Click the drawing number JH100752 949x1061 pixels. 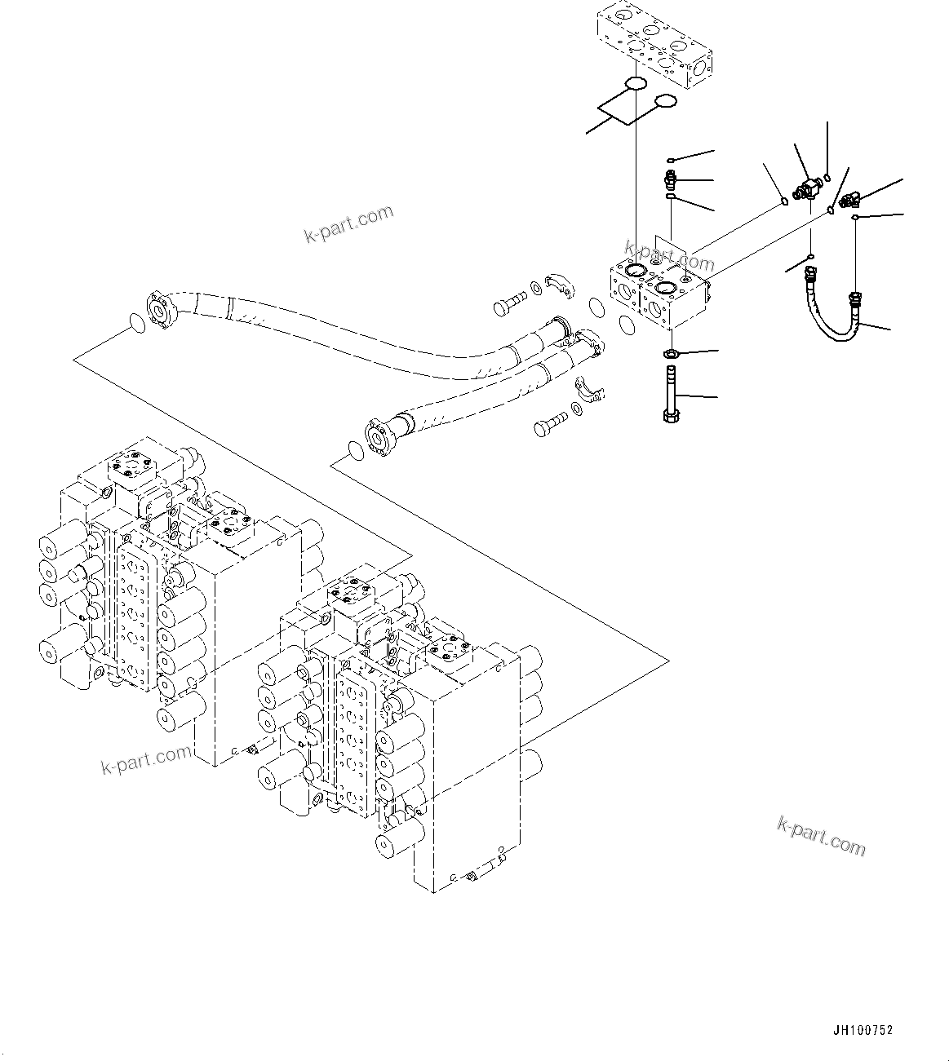[x=862, y=1030]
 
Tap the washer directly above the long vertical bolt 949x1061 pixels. [x=671, y=354]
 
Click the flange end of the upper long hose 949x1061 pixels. [x=159, y=312]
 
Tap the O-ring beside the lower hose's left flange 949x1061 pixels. [x=356, y=450]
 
